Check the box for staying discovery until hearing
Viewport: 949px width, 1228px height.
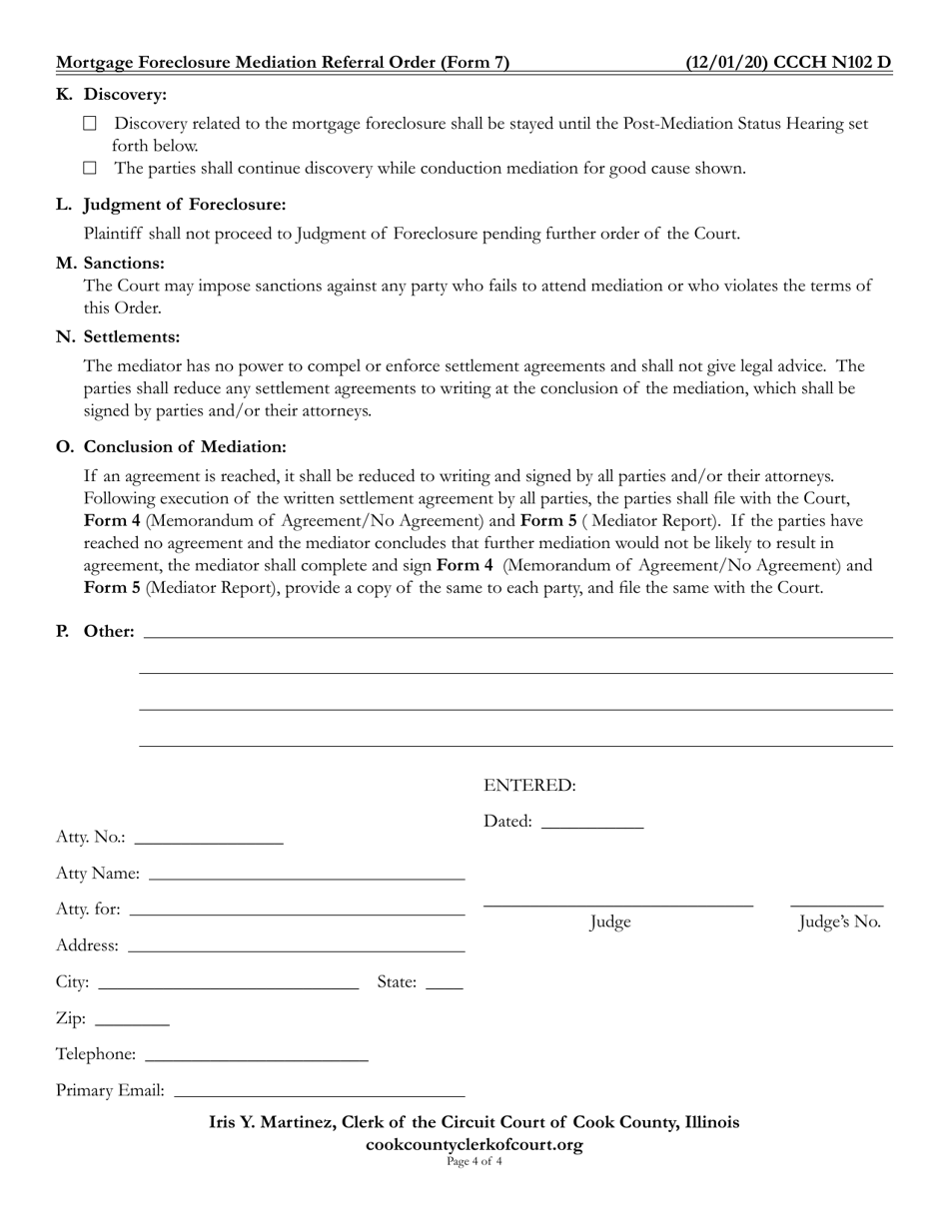tap(90, 124)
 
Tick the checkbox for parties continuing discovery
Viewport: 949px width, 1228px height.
tap(90, 169)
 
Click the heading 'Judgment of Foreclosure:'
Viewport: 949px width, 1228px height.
tap(185, 205)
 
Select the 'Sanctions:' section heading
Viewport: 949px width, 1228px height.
tap(124, 264)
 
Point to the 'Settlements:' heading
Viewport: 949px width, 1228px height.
tap(132, 337)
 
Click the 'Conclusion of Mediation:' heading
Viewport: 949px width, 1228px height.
tap(185, 446)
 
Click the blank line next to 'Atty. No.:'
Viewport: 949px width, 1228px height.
tap(209, 840)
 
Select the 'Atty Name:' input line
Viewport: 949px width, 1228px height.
tap(307, 876)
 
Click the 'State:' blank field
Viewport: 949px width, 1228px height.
tap(445, 984)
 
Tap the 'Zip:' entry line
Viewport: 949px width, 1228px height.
tap(133, 1021)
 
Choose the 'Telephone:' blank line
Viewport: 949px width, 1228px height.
tap(257, 1056)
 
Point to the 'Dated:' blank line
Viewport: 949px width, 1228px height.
tap(591, 824)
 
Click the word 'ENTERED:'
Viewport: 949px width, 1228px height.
tap(529, 786)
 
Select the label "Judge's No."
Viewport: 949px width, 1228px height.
tap(839, 922)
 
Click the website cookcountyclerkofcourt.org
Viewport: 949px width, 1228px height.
tap(474, 1144)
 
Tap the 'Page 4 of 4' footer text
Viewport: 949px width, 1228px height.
tap(474, 1161)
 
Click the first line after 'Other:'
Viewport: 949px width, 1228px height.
tap(518, 634)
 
